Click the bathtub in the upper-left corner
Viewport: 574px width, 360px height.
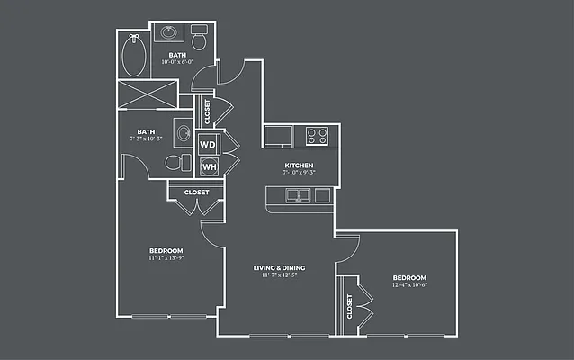[x=134, y=56]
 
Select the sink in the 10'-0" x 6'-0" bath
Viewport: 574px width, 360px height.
[x=168, y=33]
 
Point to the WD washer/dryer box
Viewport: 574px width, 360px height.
[x=208, y=144]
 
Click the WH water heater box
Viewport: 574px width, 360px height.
[x=208, y=166]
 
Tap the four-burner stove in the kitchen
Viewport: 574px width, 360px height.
[x=317, y=136]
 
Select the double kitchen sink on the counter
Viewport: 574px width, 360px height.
[x=297, y=194]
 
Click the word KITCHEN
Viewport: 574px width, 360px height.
[x=299, y=166]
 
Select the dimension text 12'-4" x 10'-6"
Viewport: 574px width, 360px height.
[x=408, y=286]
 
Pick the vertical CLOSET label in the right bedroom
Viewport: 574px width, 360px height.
[x=349, y=307]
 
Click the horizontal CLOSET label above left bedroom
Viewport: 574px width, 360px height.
[x=196, y=192]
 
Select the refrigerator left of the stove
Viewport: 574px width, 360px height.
[x=278, y=136]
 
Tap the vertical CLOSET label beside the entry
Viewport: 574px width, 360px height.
[x=208, y=112]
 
